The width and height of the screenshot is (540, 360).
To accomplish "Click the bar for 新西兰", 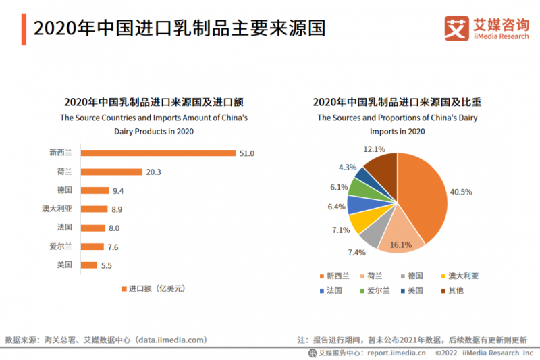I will click(158, 153).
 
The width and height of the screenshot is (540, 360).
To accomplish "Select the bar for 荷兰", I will click(111, 172).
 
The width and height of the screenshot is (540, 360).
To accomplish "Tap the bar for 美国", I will click(89, 265).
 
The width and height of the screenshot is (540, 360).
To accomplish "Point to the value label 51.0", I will click(246, 153).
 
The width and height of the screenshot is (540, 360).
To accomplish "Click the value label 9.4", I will click(118, 191).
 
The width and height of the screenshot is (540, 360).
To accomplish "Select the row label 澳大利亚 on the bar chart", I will click(57, 209).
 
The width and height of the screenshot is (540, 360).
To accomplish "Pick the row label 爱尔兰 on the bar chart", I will click(61, 247).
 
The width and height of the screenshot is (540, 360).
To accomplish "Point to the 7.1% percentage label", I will click(341, 230).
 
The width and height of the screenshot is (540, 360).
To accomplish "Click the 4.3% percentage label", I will click(348, 167).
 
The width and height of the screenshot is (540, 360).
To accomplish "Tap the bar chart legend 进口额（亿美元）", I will click(152, 288).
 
